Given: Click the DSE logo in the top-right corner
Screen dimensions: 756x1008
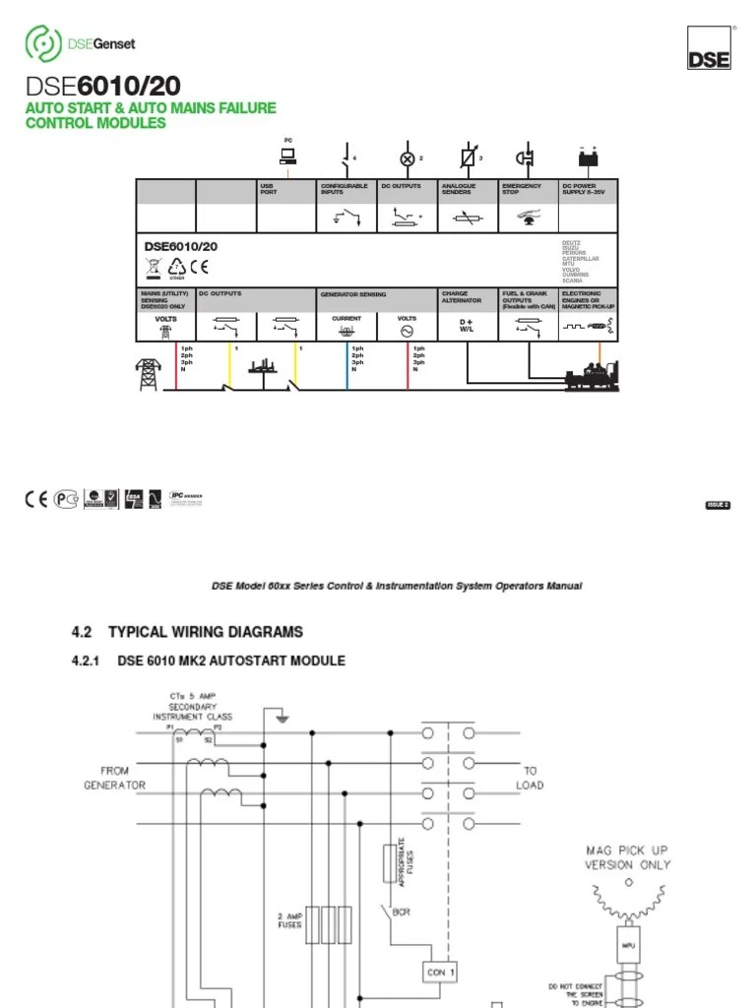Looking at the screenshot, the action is point(709,47).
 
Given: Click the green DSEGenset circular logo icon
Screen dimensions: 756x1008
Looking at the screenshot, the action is point(42,43).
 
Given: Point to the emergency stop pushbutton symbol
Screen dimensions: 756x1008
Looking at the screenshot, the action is point(527,157).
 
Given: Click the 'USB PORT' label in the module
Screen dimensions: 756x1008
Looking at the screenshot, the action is point(269,189).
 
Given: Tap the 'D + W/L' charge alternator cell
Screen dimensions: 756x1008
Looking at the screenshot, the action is point(467,326).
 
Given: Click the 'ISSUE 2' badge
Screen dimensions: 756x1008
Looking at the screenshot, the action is point(718,505).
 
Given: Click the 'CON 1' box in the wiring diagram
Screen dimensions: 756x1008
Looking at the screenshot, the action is point(440,972).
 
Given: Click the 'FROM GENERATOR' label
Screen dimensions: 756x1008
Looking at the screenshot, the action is point(114,778).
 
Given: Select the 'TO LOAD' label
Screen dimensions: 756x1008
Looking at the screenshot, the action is point(531,778).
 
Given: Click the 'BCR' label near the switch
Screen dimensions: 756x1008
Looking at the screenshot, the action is point(402,913).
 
